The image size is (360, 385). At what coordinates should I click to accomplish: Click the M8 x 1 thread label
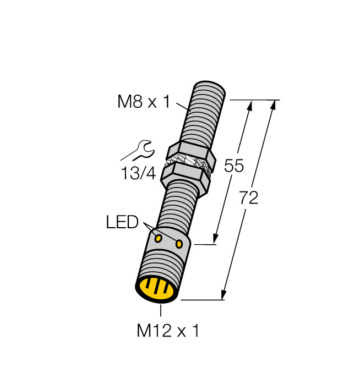click(x=145, y=102)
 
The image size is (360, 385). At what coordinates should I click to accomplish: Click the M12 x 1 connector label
click(x=167, y=331)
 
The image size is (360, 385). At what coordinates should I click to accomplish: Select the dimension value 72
click(x=249, y=199)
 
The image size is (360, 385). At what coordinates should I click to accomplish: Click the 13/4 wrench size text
click(x=138, y=174)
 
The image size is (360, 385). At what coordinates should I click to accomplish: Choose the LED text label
click(x=122, y=222)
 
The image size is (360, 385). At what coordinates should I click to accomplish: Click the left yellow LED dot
click(x=158, y=239)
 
